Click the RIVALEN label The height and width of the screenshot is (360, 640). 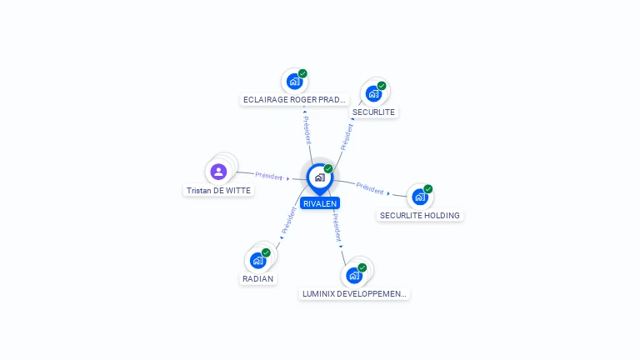320,203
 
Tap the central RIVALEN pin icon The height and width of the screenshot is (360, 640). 320,178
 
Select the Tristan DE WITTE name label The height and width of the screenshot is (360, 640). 219,191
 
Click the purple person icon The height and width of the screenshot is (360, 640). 219,172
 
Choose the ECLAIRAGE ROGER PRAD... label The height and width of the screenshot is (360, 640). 294,100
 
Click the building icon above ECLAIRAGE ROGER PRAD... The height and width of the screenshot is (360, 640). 294,82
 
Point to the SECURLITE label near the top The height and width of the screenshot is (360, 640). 373,112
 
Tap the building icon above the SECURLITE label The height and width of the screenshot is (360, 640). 373,94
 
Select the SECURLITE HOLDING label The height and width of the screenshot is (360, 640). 420,216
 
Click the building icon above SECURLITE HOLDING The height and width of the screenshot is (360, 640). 420,197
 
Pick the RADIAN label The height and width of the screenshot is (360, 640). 258,279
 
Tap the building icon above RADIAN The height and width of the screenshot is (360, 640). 258,260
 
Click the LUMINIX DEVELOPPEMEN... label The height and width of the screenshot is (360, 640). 354,294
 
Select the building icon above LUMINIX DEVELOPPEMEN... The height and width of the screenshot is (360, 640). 354,276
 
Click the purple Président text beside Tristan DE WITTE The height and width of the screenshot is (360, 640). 269,176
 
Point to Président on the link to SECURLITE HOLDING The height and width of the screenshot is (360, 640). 370,188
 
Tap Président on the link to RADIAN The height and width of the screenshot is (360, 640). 288,220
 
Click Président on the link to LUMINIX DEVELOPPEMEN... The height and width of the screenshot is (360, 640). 337,227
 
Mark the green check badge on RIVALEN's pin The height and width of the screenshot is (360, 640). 328,168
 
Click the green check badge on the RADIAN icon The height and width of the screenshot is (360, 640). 266,252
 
